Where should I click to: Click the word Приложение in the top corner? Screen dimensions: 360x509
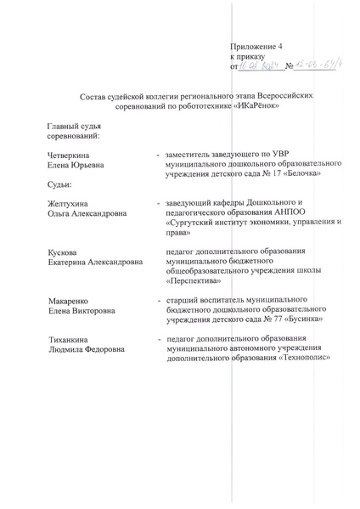(x=251, y=45)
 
